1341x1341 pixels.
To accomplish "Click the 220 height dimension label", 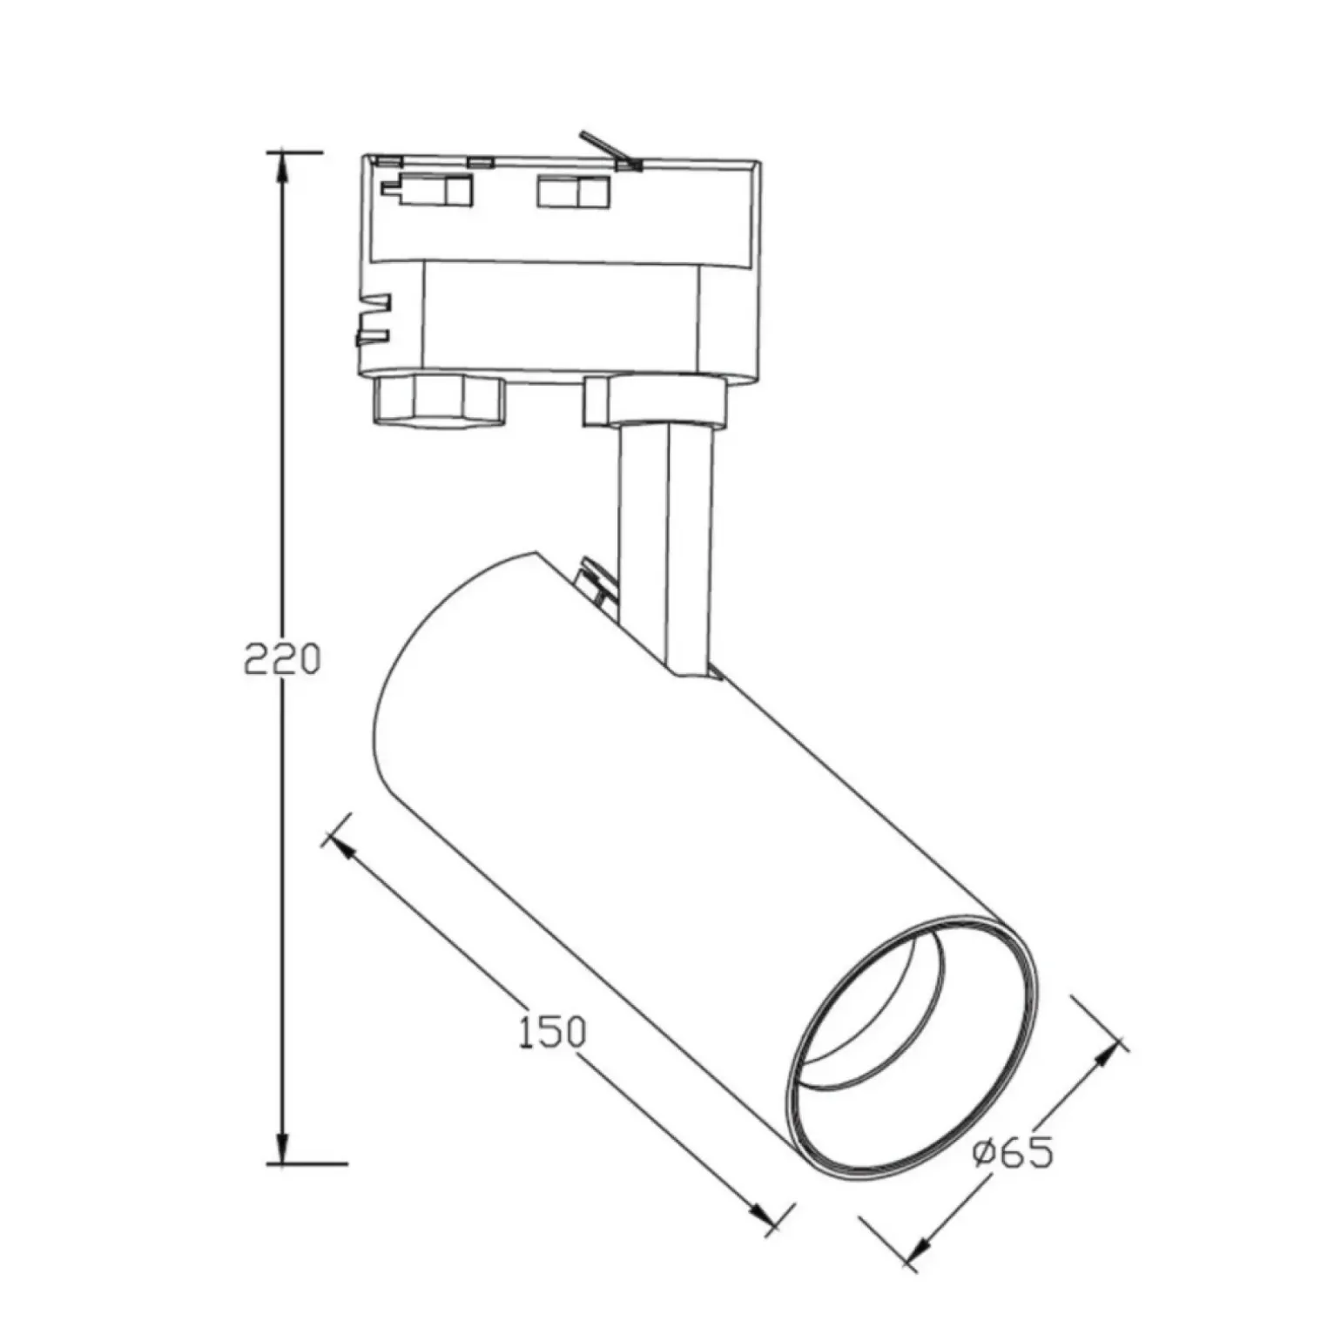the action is coord(281,660).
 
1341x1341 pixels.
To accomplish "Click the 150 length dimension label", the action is coord(552,1032).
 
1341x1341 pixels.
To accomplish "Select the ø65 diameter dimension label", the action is coord(1013,1153).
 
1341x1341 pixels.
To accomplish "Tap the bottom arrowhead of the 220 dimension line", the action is coord(281,1147).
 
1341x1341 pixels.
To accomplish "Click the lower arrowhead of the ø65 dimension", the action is coord(917,1248).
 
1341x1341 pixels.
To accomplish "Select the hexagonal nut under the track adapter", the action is coord(439,400).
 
